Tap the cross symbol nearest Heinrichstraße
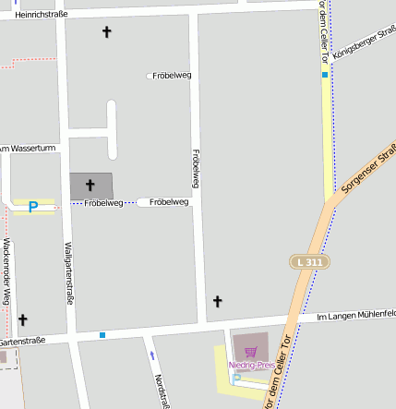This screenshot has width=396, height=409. coord(106,32)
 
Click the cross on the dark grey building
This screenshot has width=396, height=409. coord(90,186)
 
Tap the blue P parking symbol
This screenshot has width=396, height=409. coord(33,207)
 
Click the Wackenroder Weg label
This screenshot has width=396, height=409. coord(6,271)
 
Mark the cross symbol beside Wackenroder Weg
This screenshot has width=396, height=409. coord(23,319)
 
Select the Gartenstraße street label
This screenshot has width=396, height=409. coord(22,342)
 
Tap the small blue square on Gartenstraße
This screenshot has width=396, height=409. coord(102,334)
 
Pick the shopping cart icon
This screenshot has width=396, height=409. coord(250,352)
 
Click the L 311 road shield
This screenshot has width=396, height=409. coord(309,262)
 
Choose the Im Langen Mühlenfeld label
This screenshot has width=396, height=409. coord(355,315)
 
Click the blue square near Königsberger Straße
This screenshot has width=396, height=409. coord(325,74)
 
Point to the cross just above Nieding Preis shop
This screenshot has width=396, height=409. coord(218,301)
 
